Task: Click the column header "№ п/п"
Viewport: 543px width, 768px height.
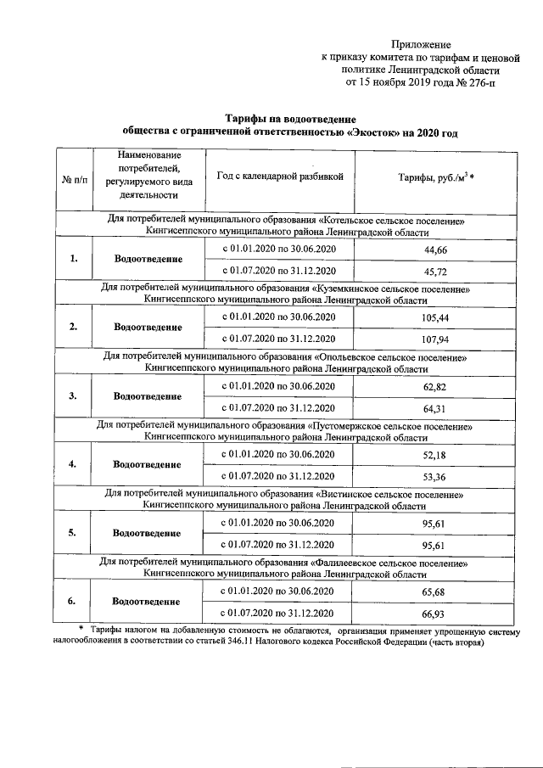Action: pyautogui.click(x=75, y=181)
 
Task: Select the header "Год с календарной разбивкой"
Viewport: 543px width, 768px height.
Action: pyautogui.click(x=279, y=177)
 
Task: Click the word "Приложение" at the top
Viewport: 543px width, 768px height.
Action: pyautogui.click(x=421, y=44)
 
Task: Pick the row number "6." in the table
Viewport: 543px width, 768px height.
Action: pyautogui.click(x=74, y=601)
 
